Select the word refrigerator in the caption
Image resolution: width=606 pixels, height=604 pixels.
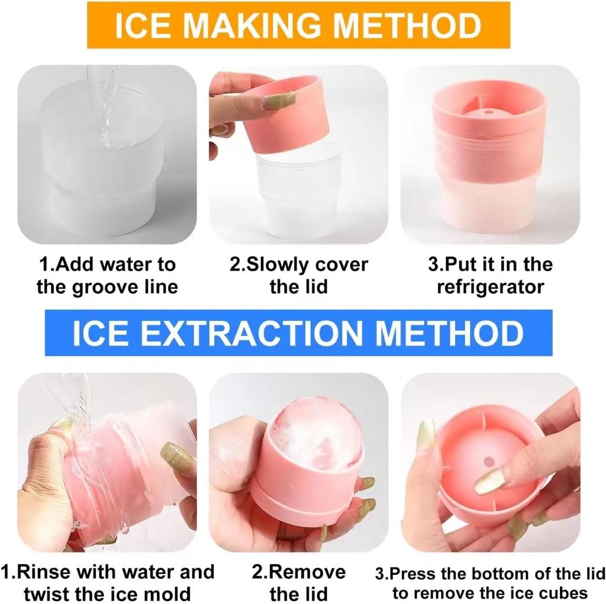[490, 288]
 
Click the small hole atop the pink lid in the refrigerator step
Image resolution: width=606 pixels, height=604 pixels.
[489, 110]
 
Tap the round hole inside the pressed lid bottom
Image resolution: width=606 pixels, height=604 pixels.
[488, 460]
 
